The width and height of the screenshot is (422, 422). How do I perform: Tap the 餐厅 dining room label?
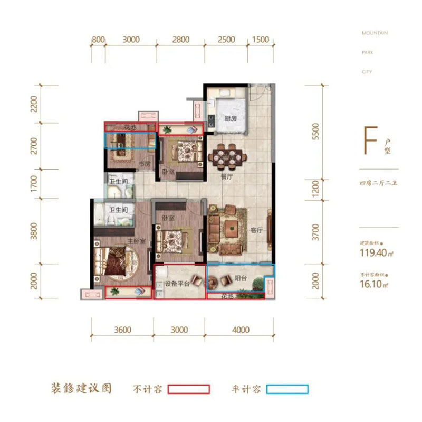tap(227, 177)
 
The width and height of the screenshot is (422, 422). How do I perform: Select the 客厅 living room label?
tap(256, 230)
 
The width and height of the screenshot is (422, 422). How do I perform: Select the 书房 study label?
tap(145, 164)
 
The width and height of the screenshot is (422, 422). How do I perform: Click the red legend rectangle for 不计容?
tap(188, 389)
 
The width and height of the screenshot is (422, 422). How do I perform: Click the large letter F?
tap(372, 139)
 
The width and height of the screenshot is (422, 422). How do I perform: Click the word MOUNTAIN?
tap(375, 33)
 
